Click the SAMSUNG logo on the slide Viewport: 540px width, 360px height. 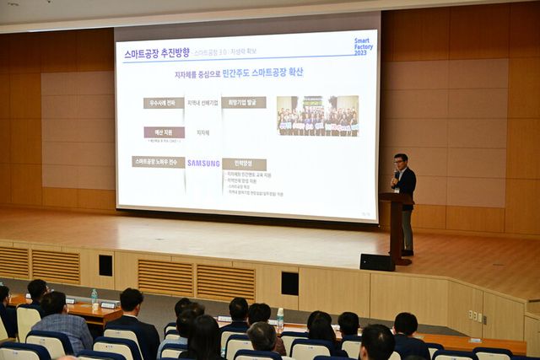[x=203, y=164]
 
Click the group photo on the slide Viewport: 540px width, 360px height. [x=317, y=116]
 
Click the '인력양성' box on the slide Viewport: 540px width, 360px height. [x=244, y=164]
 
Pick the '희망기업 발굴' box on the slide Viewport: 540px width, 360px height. [x=244, y=103]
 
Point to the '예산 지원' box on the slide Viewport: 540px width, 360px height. [x=164, y=132]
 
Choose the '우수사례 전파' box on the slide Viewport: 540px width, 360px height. [x=164, y=103]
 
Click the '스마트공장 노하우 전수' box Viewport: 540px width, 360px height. [x=158, y=161]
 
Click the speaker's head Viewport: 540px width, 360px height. [x=401, y=160]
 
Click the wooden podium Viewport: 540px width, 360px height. [x=396, y=223]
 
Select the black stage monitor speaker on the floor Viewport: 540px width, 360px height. [x=377, y=262]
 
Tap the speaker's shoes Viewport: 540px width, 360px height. [x=408, y=252]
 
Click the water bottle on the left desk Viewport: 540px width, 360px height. [x=94, y=297]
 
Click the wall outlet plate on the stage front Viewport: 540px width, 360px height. [x=477, y=316]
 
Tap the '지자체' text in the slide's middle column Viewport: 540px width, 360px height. [x=203, y=132]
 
